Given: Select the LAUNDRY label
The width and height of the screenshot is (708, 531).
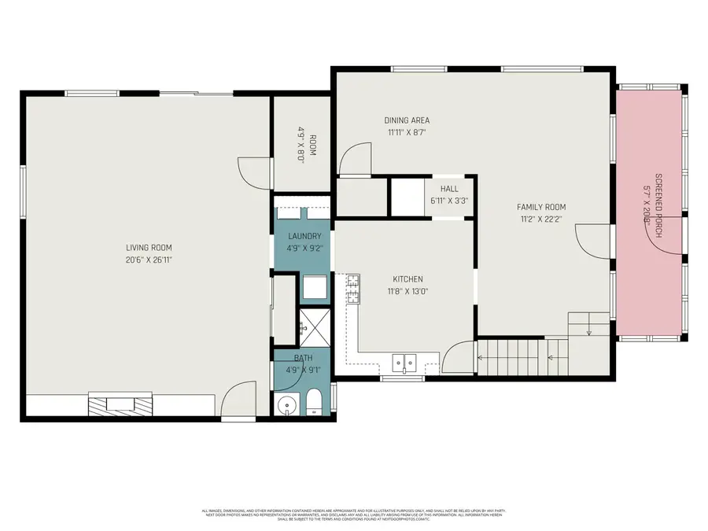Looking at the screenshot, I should click(304, 236).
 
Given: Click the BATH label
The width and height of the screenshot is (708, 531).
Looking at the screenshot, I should click(304, 358).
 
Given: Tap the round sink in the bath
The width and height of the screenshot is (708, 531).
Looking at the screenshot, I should click(286, 406).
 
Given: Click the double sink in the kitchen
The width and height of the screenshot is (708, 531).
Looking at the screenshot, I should click(405, 363).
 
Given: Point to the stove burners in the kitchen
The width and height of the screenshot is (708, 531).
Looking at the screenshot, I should click(354, 289).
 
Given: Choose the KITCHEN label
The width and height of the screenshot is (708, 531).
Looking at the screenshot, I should click(408, 279).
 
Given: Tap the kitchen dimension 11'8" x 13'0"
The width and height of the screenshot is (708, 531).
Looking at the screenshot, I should click(408, 291).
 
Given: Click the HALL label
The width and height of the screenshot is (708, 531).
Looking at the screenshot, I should click(449, 189).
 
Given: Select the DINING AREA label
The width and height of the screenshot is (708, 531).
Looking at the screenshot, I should click(407, 120).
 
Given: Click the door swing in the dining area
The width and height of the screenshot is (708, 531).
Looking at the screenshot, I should click(356, 157).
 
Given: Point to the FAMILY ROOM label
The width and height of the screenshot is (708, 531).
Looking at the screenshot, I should click(541, 207).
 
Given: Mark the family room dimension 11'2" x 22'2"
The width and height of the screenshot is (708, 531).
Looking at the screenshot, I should click(541, 219).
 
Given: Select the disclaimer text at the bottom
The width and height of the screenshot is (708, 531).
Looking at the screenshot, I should click(354, 515).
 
